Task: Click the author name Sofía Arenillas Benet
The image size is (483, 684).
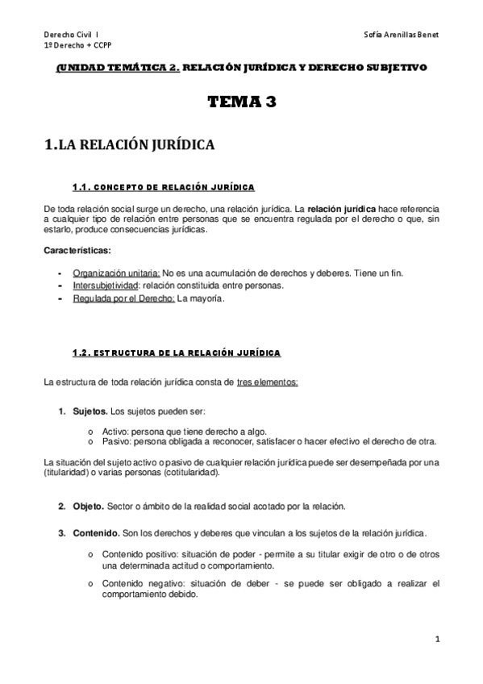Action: [x=402, y=35]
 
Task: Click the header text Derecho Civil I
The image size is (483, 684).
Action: [x=72, y=35]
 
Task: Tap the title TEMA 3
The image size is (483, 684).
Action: [x=241, y=102]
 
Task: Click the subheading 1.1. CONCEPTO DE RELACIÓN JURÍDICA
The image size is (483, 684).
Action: [x=163, y=188]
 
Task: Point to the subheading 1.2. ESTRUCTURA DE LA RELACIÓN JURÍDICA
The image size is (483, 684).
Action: [x=177, y=353]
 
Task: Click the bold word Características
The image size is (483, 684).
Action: [x=77, y=251]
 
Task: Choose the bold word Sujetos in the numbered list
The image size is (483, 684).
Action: [x=90, y=412]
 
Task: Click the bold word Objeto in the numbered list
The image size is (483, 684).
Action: [x=88, y=507]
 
